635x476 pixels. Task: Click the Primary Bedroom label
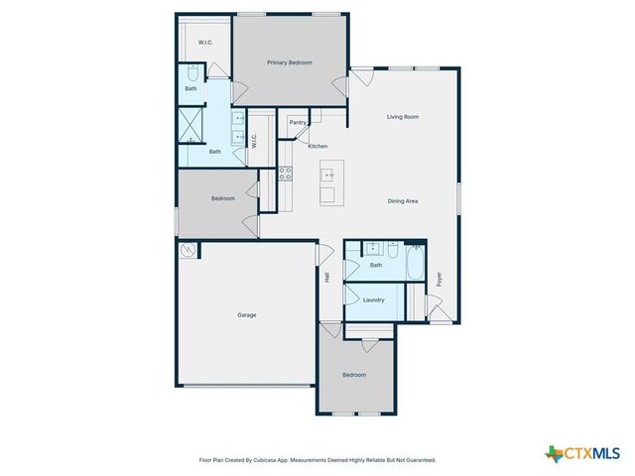click(290, 62)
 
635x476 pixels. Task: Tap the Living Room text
click(403, 117)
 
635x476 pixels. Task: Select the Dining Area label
click(403, 201)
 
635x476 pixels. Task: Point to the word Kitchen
click(317, 147)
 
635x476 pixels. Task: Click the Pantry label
click(298, 122)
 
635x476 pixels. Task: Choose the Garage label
click(246, 315)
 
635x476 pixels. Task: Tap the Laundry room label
click(374, 299)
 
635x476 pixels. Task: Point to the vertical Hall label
click(326, 278)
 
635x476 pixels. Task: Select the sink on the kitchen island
click(327, 175)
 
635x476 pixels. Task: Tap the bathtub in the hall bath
click(417, 265)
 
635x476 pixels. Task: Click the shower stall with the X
click(190, 123)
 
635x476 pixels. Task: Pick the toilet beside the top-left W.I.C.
click(191, 73)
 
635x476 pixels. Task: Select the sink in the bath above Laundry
click(373, 249)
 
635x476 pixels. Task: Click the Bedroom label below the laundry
click(354, 375)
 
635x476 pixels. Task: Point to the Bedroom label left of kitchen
click(223, 198)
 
